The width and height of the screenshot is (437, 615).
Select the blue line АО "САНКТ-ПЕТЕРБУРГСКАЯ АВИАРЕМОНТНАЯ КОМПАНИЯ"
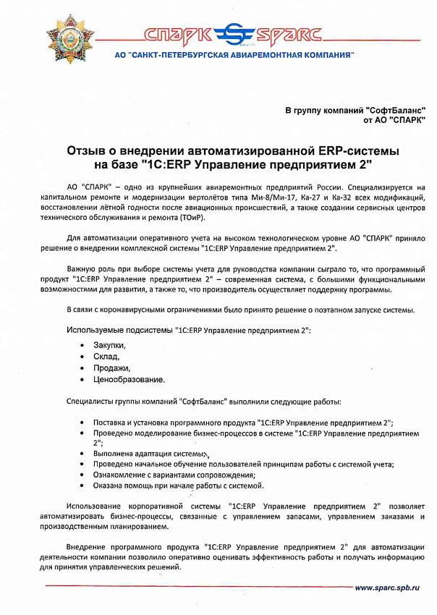[x=234, y=55]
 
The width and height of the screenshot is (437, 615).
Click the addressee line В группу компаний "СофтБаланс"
[x=355, y=110]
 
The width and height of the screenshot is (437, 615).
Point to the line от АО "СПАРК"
[x=394, y=120]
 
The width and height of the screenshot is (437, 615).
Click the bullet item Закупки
[x=108, y=345]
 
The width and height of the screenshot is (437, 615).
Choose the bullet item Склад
[x=105, y=357]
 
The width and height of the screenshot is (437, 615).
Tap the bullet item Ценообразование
[x=129, y=380]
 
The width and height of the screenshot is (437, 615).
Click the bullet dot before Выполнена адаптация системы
[x=85, y=454]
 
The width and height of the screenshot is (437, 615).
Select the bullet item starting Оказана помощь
[x=178, y=485]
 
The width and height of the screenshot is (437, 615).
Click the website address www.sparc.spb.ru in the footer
[x=387, y=588]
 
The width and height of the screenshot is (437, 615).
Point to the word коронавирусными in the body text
[x=134, y=310]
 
